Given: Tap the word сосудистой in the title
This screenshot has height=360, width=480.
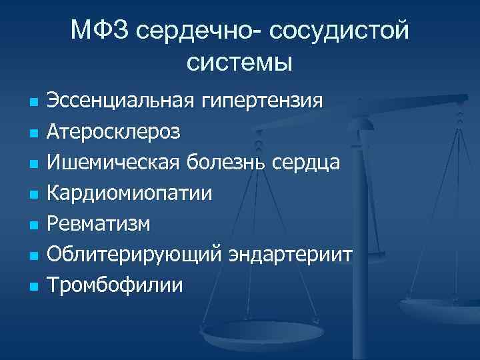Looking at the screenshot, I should point(339,30).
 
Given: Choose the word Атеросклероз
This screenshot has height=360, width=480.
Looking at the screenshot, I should point(113,131).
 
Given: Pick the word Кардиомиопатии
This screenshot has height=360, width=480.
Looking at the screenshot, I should point(130,193).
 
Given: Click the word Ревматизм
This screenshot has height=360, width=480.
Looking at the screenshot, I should point(99,223).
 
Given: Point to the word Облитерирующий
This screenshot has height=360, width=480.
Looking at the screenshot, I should point(135,255).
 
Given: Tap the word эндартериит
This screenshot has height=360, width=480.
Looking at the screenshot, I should point(291,255).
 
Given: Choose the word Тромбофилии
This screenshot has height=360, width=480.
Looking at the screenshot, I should point(114,285).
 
